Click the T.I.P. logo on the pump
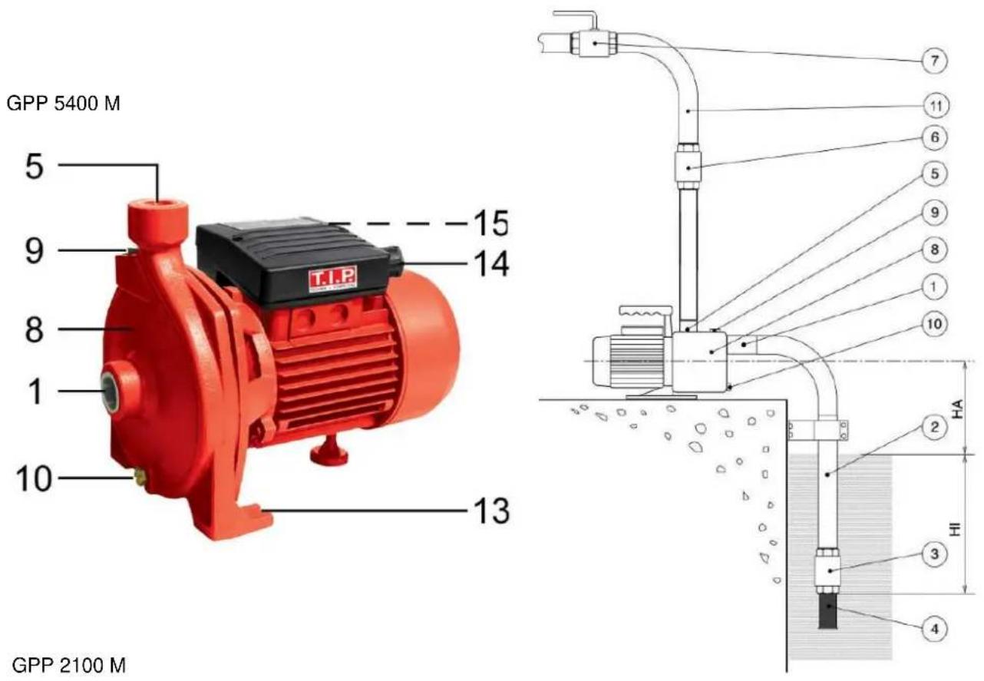pos(332,279)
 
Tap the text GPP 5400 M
pos(63,104)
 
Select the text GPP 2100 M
pos(68,665)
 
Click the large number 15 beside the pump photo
pos(490,223)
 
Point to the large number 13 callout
pos(491,511)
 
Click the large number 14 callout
pos(491,263)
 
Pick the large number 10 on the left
pos(34,478)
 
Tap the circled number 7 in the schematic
pos(934,61)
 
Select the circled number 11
pos(936,105)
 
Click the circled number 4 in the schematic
pos(934,629)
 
